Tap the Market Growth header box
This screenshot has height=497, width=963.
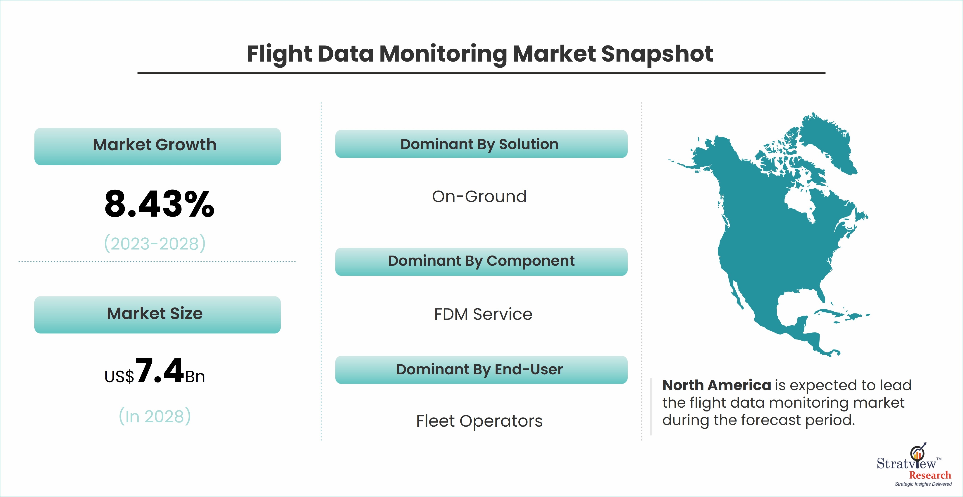(157, 146)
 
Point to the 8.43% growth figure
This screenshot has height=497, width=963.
(159, 204)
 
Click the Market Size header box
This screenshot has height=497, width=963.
(157, 315)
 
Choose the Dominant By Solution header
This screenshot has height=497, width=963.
(481, 144)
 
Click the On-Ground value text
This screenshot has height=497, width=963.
(479, 196)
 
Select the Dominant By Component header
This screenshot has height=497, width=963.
(481, 261)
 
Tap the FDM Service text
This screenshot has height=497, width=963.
(483, 314)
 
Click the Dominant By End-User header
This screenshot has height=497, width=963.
(481, 370)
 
